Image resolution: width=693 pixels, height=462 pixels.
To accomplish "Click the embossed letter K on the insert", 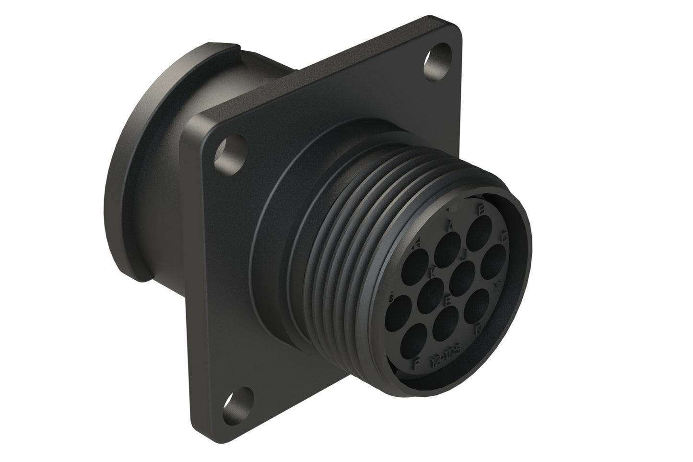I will (433, 272).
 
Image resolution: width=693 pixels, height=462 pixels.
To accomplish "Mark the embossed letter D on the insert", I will (477, 330).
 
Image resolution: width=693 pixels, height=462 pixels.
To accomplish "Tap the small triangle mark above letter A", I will (452, 209).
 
